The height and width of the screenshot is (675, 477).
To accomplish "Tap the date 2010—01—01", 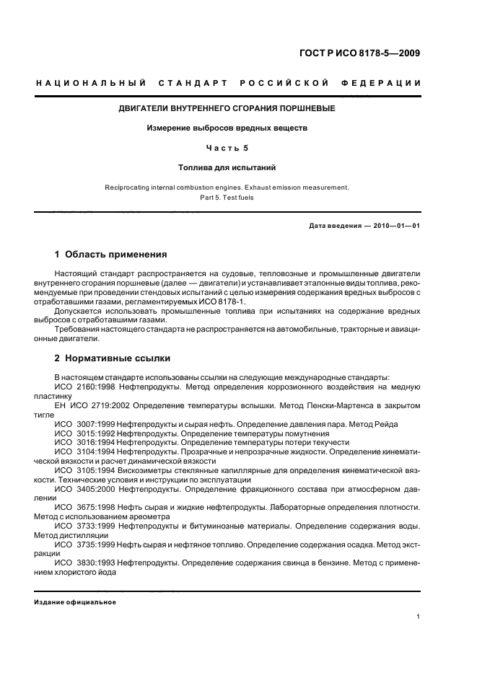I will [x=393, y=226].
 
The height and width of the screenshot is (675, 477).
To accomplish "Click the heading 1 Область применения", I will [x=110, y=255].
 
